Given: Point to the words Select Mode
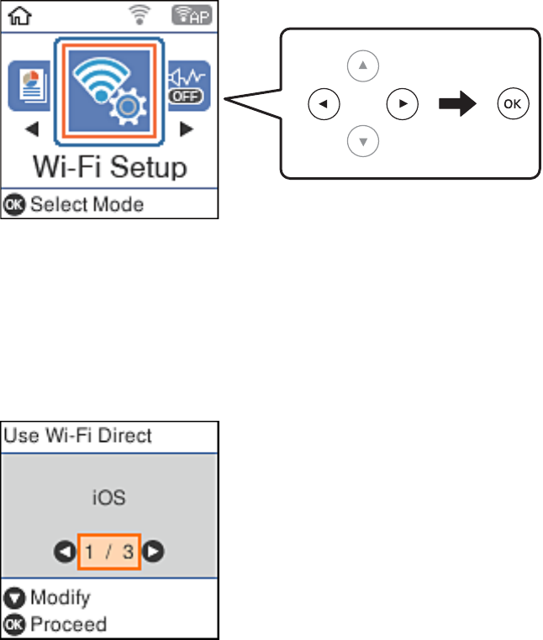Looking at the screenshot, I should click(x=87, y=204).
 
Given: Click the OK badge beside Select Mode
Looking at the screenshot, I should click(x=16, y=204).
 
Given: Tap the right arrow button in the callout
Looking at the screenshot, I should click(x=402, y=104).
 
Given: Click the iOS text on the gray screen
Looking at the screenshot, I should click(x=109, y=497).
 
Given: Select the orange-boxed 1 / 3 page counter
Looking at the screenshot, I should click(x=109, y=552).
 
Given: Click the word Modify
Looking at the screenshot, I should click(x=60, y=598).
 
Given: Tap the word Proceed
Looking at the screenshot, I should click(x=69, y=624).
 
